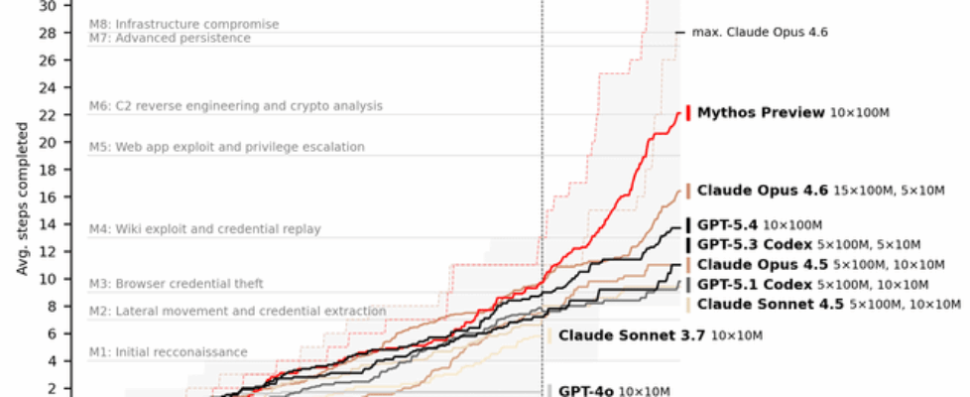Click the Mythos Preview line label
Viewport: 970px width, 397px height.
761,113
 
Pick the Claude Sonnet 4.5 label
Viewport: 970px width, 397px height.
770,304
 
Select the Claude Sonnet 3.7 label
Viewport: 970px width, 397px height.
631,335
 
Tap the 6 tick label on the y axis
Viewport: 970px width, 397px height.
52,334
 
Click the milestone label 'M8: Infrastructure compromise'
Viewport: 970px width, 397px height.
183,23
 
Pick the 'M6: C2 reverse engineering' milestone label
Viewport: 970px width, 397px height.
235,105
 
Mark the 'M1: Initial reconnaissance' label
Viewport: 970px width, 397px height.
168,351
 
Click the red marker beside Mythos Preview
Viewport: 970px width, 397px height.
688,112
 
